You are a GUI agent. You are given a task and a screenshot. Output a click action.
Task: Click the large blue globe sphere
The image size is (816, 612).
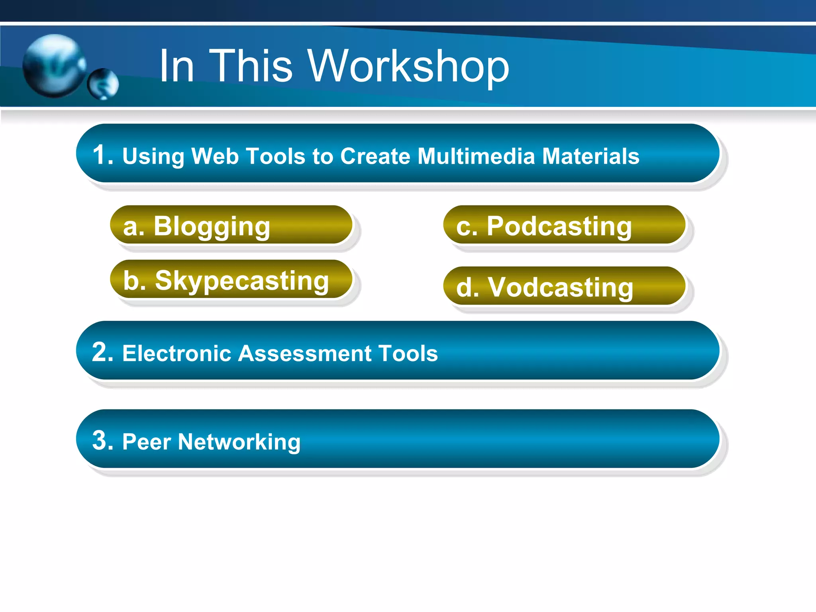point(54,66)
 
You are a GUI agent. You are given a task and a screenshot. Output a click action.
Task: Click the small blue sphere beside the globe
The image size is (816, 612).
point(103,84)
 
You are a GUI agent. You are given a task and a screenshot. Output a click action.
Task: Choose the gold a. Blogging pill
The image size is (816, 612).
point(231,225)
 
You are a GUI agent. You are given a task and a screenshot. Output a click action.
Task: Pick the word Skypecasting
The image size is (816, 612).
point(242,280)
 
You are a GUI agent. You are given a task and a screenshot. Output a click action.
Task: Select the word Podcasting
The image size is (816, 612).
point(559,226)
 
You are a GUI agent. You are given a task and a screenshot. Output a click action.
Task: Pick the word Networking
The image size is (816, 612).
point(239,442)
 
